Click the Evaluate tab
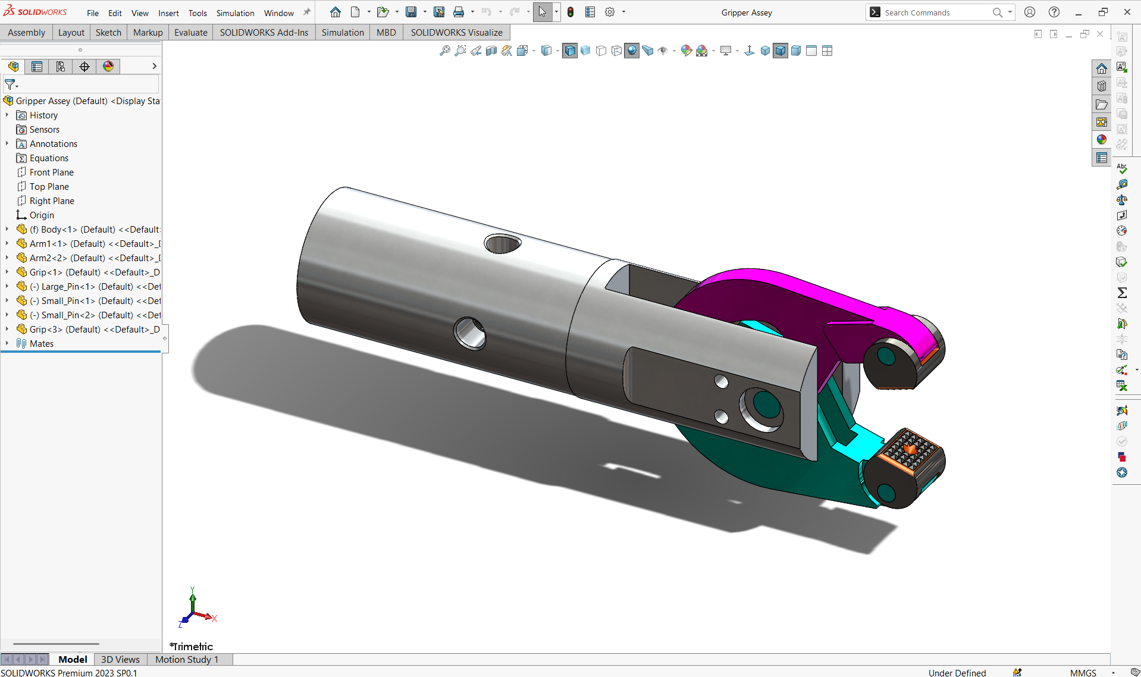click(190, 33)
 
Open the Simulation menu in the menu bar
click(235, 13)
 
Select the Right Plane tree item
click(52, 201)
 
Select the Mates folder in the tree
click(41, 344)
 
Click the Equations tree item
click(49, 158)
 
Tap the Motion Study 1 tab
click(187, 659)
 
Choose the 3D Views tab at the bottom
click(120, 659)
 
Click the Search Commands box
click(934, 12)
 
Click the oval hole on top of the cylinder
click(503, 243)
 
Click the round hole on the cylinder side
click(470, 333)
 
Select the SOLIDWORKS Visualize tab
click(456, 33)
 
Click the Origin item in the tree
click(42, 215)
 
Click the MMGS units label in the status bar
click(1083, 672)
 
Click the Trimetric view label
click(192, 646)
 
